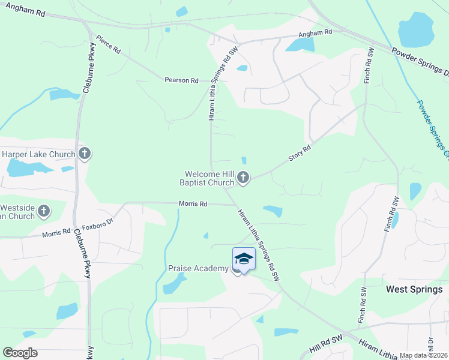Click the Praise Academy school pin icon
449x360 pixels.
tap(244, 260)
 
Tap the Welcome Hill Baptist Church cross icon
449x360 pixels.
tap(243, 177)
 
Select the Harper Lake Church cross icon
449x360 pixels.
tap(85, 154)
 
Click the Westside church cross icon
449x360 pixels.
tap(44, 211)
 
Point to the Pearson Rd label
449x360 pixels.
tap(182, 80)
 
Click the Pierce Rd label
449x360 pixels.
tap(108, 43)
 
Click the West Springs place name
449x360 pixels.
tap(414, 289)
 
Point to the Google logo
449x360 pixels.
tap(20, 353)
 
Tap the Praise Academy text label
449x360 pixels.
tap(197, 268)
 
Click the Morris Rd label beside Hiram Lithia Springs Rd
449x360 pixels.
tap(193, 204)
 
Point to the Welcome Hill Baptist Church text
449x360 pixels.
tap(208, 178)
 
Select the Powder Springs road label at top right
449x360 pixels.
tap(420, 62)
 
